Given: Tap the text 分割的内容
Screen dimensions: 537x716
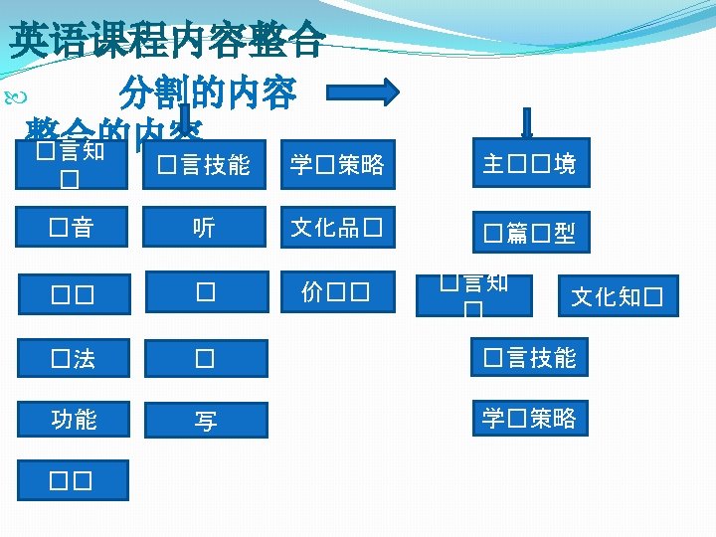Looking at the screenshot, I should point(207,93).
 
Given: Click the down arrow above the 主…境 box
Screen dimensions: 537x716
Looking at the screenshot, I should point(526,122).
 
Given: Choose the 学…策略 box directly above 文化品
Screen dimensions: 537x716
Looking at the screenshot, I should point(336,164).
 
